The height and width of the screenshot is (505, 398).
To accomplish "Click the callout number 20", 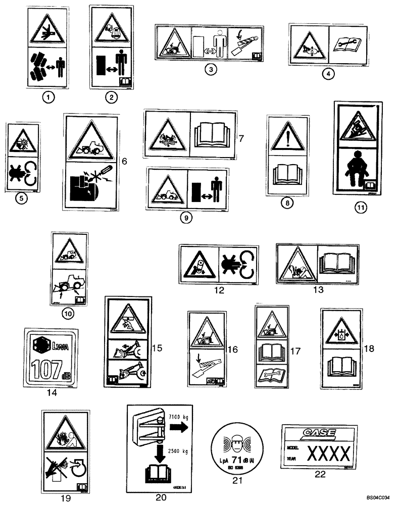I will click(x=161, y=497).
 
